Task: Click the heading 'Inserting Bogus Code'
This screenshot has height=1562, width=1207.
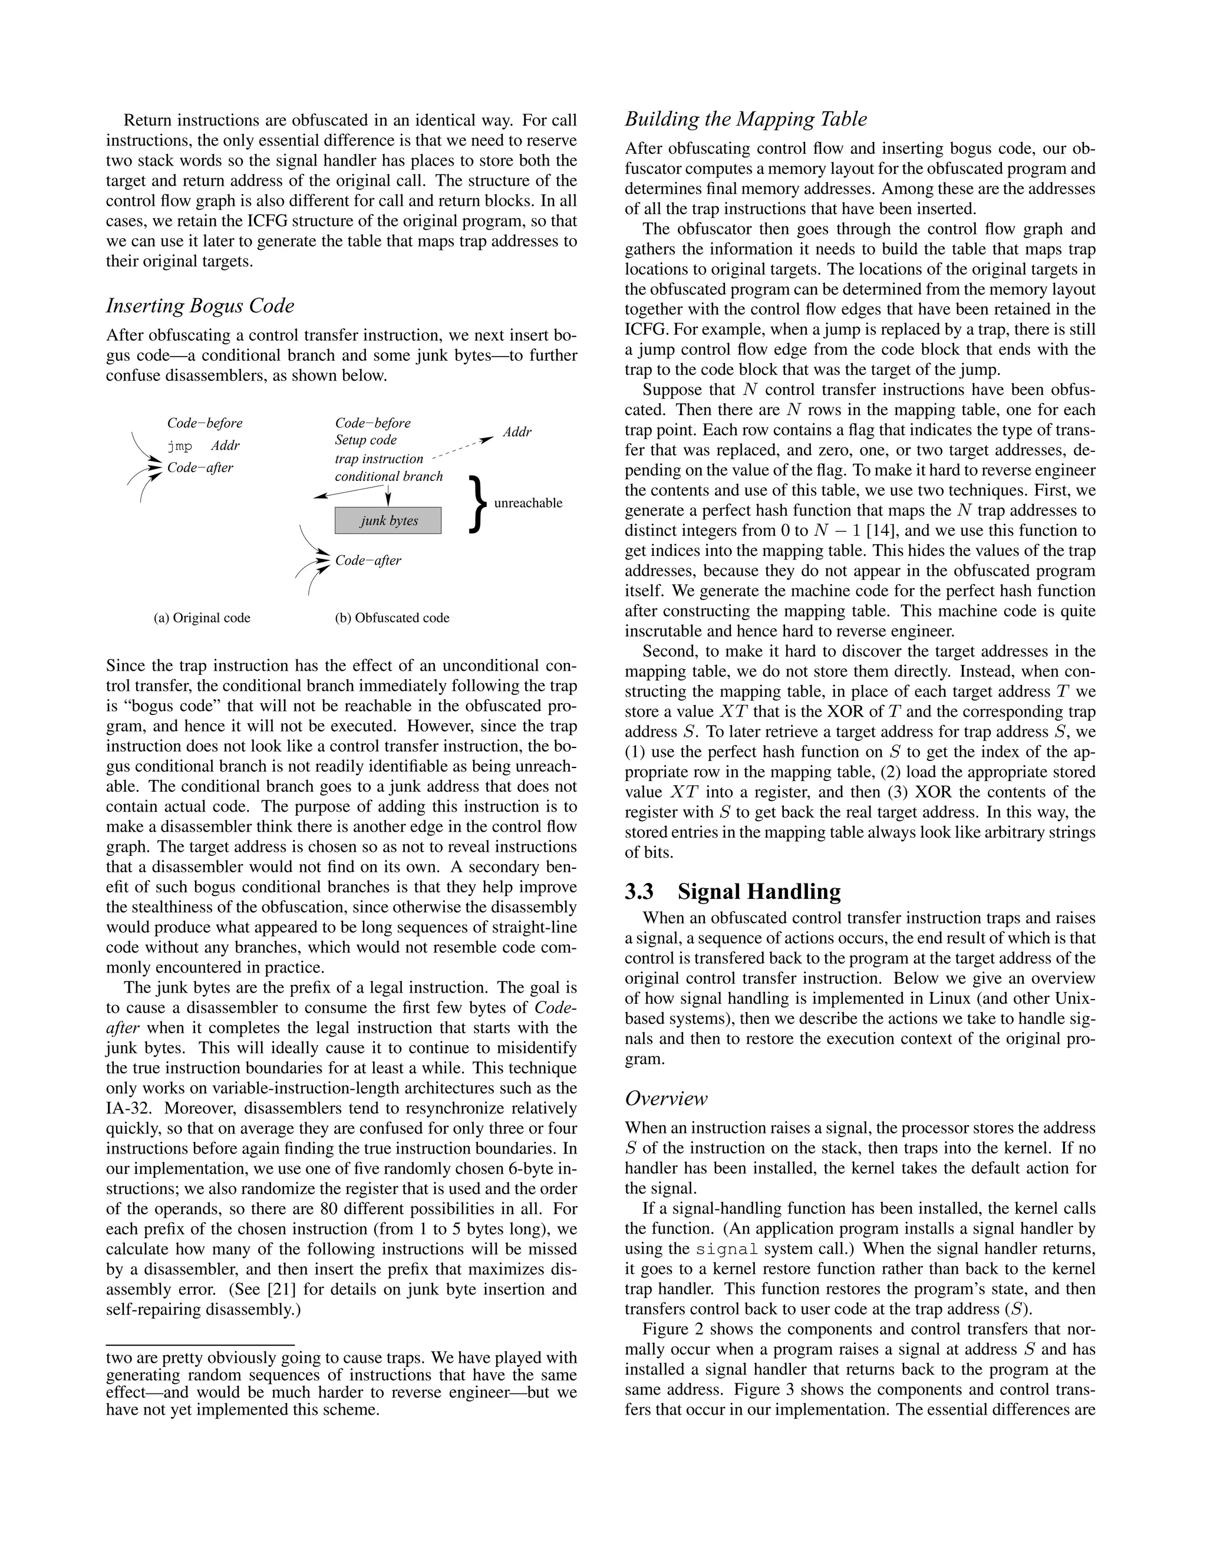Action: click(200, 306)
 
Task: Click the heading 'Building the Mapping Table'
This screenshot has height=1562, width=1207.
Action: click(746, 120)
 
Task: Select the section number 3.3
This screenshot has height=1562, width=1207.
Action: click(639, 892)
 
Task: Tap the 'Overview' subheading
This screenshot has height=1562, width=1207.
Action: click(666, 1098)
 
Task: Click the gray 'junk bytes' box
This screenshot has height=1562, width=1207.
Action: click(388, 520)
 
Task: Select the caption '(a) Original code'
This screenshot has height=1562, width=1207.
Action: click(202, 618)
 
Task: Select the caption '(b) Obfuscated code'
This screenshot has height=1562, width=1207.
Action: click(392, 618)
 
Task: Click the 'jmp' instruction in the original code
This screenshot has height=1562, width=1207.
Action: click(180, 446)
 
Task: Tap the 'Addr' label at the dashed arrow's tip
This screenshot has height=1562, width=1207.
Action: click(516, 432)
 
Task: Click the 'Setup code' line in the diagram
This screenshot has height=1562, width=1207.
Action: click(365, 440)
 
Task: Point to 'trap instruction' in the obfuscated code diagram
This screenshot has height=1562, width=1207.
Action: click(379, 459)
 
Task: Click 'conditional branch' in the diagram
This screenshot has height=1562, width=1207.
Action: click(388, 476)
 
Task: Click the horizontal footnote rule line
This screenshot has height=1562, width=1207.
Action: click(200, 1344)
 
